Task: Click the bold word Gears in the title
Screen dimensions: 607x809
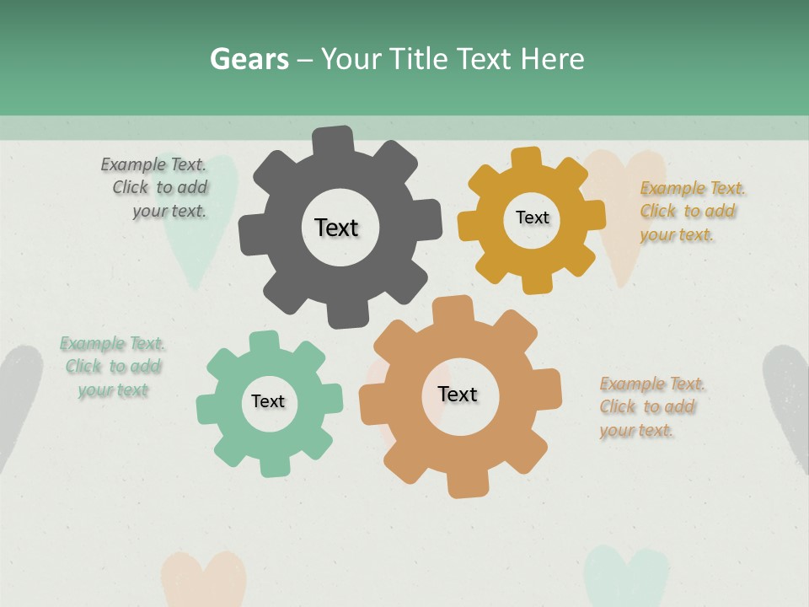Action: pyautogui.click(x=249, y=59)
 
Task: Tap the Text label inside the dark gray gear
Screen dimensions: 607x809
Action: pyautogui.click(x=336, y=228)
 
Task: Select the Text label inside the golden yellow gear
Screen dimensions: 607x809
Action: pyautogui.click(x=532, y=218)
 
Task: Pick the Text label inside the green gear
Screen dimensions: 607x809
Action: pyautogui.click(x=268, y=401)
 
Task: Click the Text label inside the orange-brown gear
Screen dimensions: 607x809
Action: pyautogui.click(x=458, y=394)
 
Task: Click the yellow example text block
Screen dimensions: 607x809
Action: pyautogui.click(x=691, y=211)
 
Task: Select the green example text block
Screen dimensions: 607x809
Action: pyautogui.click(x=112, y=367)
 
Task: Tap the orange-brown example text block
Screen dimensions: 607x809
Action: pyautogui.click(x=651, y=406)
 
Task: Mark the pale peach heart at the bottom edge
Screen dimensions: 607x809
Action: pyautogui.click(x=203, y=580)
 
